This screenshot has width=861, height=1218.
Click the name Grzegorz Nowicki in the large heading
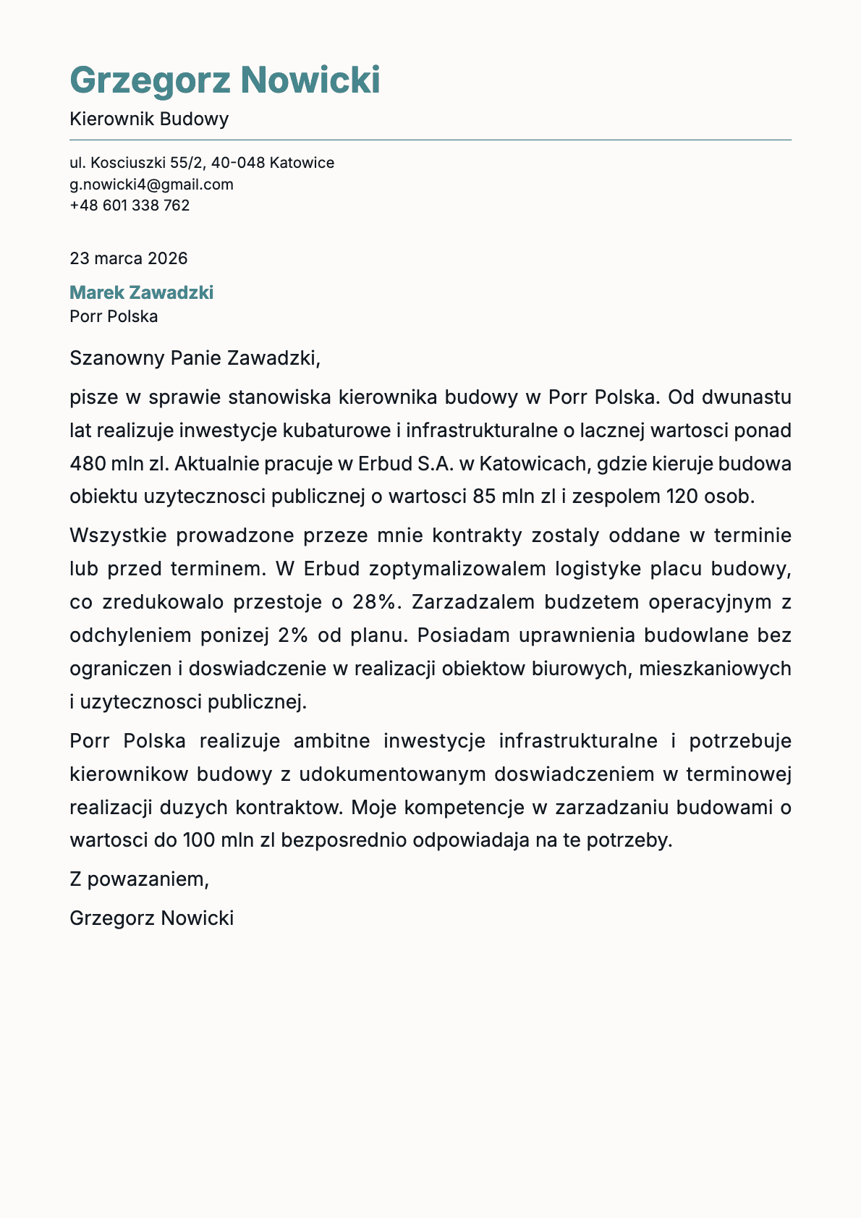pyautogui.click(x=224, y=80)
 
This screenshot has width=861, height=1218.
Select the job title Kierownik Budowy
pyautogui.click(x=149, y=119)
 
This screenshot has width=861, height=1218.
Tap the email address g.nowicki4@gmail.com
pyautogui.click(x=151, y=184)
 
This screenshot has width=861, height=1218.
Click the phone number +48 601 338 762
pyautogui.click(x=130, y=206)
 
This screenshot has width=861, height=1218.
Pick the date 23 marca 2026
pyautogui.click(x=128, y=258)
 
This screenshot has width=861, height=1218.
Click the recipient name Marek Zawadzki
pyautogui.click(x=141, y=292)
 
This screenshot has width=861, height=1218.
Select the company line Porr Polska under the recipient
pyautogui.click(x=114, y=316)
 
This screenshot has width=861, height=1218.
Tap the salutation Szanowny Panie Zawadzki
pyautogui.click(x=194, y=358)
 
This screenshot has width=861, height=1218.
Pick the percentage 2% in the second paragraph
pyautogui.click(x=292, y=635)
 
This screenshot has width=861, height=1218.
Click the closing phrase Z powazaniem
pyautogui.click(x=138, y=879)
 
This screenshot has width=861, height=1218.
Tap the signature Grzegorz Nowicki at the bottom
pyautogui.click(x=151, y=918)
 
